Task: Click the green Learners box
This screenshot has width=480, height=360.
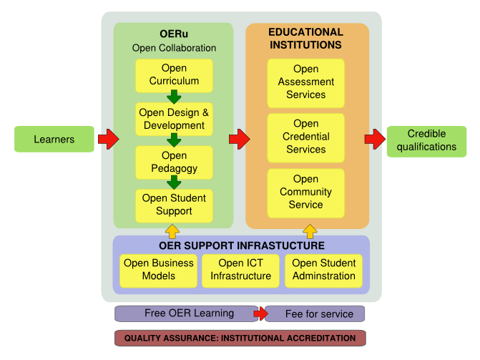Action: coord(54,139)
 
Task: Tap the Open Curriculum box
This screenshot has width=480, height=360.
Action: coord(174,75)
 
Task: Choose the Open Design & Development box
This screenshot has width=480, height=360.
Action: coord(174,119)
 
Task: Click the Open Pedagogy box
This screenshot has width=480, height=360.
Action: coord(174,162)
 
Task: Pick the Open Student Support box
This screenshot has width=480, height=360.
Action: coord(174,205)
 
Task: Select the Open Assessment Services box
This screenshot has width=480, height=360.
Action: coord(305,82)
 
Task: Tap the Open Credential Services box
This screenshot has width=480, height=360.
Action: coord(305,137)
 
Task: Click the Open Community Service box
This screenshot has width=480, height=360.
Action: coord(305,192)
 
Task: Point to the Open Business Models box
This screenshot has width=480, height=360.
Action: coord(158,270)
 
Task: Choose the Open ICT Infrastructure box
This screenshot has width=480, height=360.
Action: coord(240,270)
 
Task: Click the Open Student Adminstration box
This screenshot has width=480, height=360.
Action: coord(323,270)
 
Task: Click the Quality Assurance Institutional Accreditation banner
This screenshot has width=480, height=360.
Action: coord(240,338)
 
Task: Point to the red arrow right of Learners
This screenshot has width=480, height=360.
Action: coord(107,139)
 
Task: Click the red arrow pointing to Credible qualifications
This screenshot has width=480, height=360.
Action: coord(374,139)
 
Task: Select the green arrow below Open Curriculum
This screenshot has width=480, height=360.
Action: coord(174,97)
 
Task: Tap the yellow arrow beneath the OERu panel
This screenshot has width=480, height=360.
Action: coord(172,230)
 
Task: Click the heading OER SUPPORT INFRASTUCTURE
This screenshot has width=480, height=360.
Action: coord(240,246)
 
